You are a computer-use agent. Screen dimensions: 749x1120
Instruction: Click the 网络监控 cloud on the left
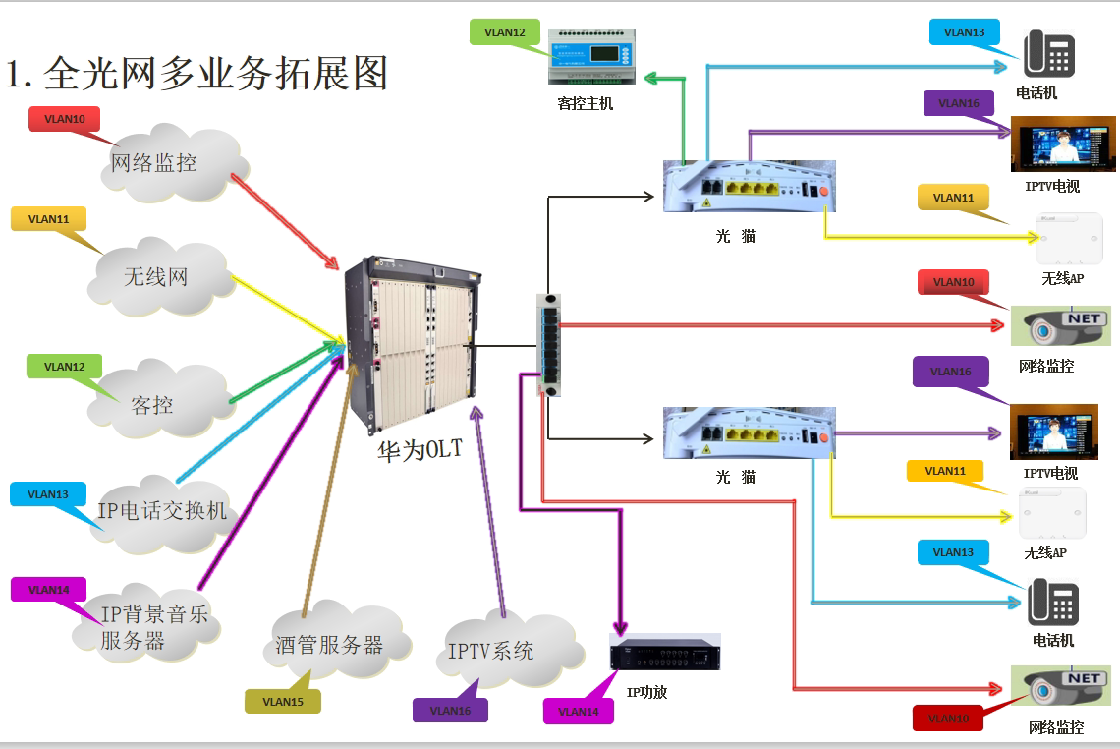tap(162, 163)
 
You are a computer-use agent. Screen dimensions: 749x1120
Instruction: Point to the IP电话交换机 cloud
tap(163, 511)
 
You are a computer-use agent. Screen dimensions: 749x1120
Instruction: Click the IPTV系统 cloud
tap(490, 650)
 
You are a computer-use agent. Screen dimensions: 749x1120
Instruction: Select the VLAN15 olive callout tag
tap(283, 702)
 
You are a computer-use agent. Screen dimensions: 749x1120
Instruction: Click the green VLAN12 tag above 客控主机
tap(505, 32)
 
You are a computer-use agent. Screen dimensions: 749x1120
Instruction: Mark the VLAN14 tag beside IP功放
tap(578, 711)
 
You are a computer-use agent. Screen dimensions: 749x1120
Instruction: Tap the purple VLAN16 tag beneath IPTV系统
tap(450, 710)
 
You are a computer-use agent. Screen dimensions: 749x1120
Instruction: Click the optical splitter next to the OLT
tap(549, 344)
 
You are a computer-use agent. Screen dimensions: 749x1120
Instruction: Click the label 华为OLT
tap(420, 451)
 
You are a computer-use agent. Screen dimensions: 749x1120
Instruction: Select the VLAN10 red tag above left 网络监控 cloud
tap(65, 119)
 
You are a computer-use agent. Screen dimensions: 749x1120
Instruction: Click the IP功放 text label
tap(646, 692)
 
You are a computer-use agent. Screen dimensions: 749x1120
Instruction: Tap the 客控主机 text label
tap(585, 103)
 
